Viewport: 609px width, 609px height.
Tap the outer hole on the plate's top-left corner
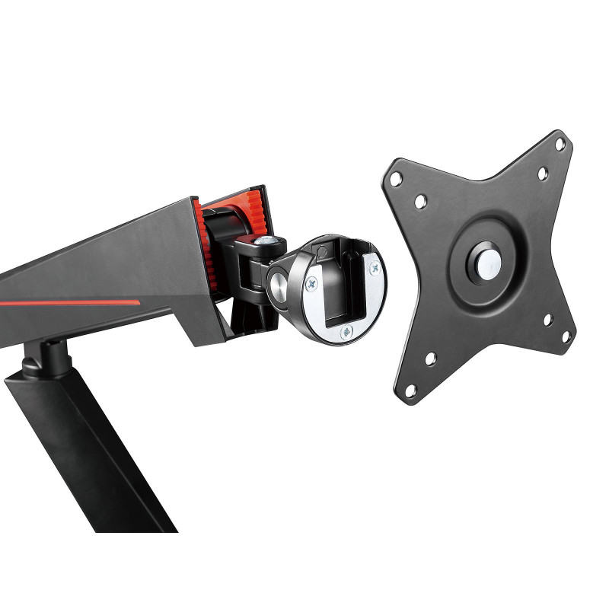[x=395, y=177]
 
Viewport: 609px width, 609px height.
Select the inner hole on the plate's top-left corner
[x=419, y=202]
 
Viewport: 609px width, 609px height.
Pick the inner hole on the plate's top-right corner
[x=542, y=174]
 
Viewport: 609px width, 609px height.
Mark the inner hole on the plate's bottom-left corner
[x=430, y=358]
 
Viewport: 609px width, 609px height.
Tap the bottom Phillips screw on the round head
[x=346, y=331]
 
